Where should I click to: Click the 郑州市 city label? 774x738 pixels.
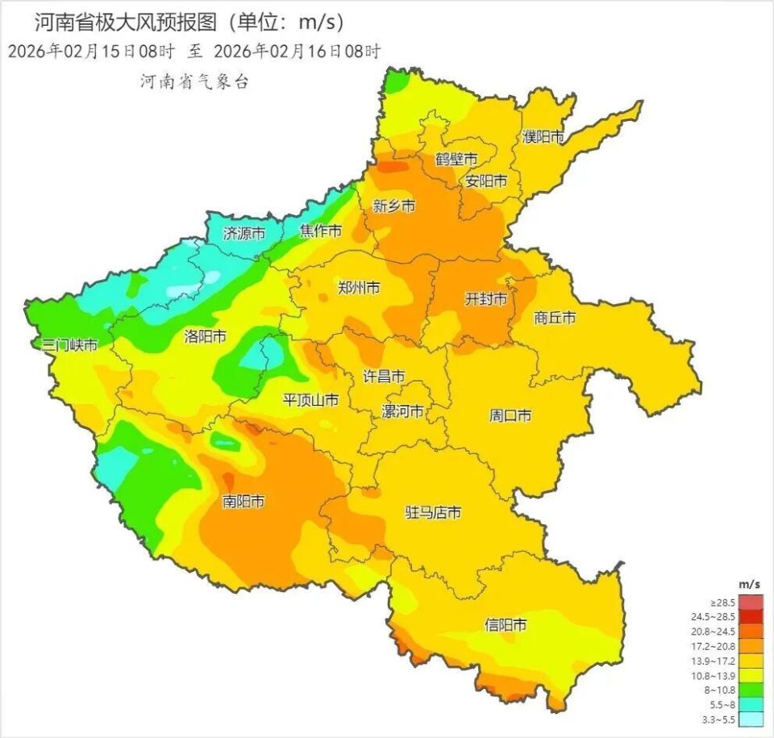tap(359, 288)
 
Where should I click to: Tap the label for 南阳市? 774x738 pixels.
tap(243, 502)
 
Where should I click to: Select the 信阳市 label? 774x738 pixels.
tap(506, 624)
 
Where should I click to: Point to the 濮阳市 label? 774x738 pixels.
tap(543, 137)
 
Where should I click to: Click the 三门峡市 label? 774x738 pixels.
tap(70, 345)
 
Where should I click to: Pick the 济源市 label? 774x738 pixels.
tap(243, 234)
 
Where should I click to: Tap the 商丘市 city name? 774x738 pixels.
tap(556, 318)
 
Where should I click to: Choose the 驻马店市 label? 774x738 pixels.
tap(433, 512)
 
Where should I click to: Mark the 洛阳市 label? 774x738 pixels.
tap(205, 336)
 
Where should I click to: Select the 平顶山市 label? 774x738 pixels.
tap(310, 400)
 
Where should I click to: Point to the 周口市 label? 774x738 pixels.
tap(510, 416)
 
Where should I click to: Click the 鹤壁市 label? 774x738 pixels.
tap(456, 159)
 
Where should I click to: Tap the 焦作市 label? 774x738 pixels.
tap(321, 231)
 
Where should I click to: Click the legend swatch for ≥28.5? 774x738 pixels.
tap(751, 602)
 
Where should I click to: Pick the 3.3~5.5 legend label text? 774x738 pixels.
tap(722, 719)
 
